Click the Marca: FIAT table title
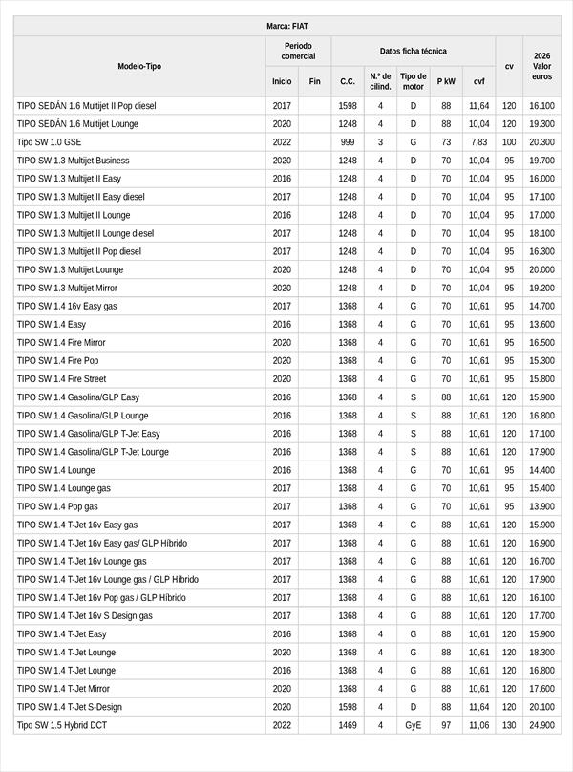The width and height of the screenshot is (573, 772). [286, 26]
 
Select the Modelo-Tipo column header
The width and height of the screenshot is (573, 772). [139, 66]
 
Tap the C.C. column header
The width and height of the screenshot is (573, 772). [348, 81]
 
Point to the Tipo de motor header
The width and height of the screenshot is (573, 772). [413, 81]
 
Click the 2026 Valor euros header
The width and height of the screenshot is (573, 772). [541, 66]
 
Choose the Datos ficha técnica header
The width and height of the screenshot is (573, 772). [413, 51]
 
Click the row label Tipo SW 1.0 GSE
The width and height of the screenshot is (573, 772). [50, 142]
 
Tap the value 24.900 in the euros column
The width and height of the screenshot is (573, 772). [541, 725]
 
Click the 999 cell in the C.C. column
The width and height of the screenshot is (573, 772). [348, 142]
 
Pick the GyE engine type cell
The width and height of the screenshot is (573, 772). [413, 725]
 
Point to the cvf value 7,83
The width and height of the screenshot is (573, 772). [478, 142]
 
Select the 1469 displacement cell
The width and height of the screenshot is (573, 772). [348, 725]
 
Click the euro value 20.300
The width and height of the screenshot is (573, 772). [541, 142]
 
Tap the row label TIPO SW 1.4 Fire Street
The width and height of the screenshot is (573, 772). [61, 379]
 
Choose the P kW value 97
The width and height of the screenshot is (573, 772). [446, 725]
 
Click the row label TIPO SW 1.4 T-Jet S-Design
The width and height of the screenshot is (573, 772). [70, 707]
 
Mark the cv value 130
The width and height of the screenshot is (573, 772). [509, 725]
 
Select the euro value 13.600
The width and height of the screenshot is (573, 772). [541, 325]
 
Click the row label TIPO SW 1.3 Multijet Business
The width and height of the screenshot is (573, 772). [73, 161]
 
